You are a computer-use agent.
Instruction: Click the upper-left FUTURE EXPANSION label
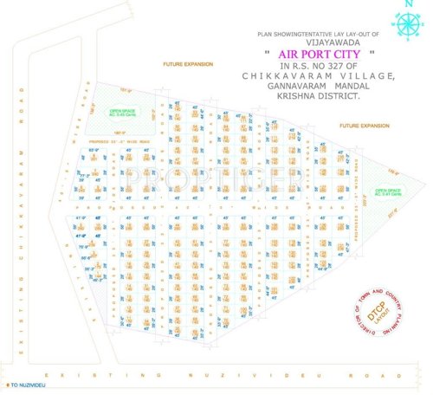point(191,65)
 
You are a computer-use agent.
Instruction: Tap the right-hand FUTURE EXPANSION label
point(365,126)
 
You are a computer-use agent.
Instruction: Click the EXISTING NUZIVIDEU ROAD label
point(216,375)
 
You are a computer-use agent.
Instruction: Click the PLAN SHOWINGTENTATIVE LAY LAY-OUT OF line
point(318,32)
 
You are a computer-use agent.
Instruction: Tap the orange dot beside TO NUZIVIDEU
point(4,384)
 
